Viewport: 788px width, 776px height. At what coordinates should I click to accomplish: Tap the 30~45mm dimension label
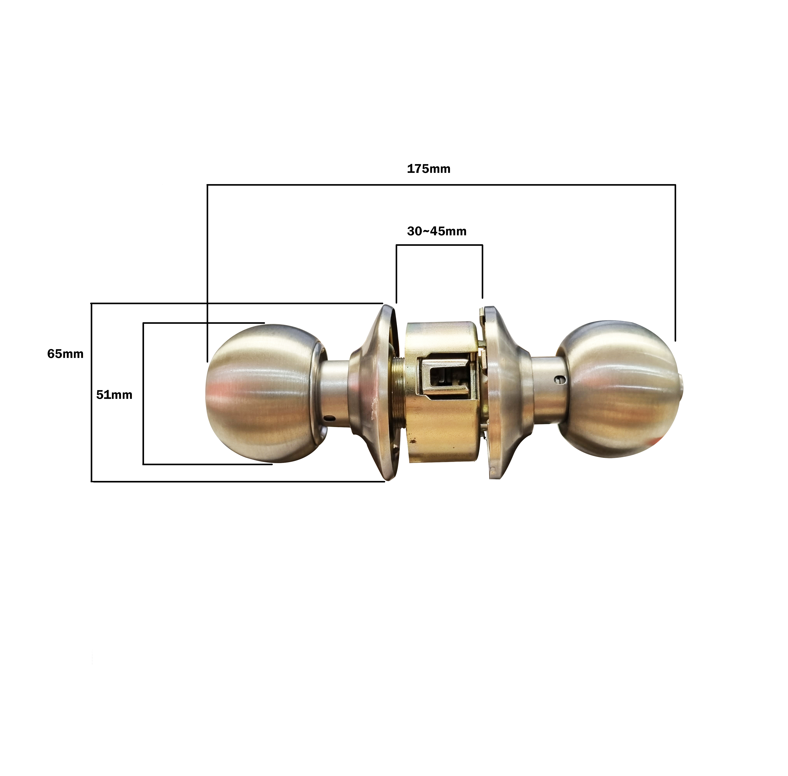(x=437, y=231)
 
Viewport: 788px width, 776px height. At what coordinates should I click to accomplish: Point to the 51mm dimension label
(x=114, y=395)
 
